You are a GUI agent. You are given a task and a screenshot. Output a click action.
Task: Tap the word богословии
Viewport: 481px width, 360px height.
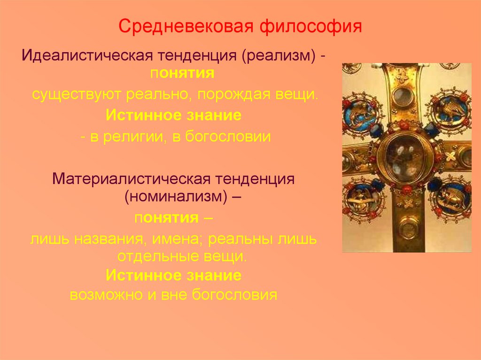[228, 137]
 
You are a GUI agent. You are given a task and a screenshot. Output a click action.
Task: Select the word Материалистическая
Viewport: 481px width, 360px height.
[131, 179]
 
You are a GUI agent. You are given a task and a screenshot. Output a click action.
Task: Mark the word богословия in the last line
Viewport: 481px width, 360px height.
[234, 295]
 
